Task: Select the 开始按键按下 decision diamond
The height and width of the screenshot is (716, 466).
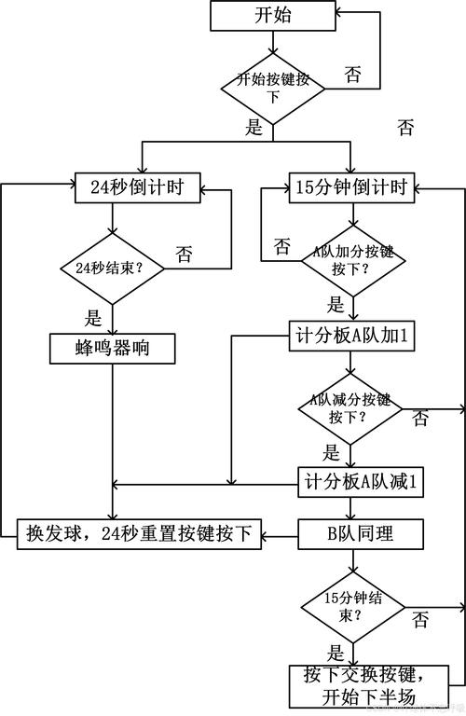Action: [272, 81]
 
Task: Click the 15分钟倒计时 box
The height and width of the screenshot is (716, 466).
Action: [350, 187]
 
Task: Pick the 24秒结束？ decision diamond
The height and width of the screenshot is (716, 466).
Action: [112, 268]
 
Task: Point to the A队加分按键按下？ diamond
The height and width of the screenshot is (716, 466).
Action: [350, 260]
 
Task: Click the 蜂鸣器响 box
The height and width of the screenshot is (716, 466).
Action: [112, 348]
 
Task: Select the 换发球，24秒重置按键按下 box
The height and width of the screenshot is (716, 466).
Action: [140, 534]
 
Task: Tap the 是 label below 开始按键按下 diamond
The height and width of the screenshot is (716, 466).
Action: [254, 129]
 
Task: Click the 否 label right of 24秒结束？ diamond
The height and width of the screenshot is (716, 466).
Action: [185, 253]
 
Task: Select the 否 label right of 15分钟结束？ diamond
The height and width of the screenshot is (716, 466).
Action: [420, 620]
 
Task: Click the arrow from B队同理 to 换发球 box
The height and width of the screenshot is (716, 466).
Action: [280, 535]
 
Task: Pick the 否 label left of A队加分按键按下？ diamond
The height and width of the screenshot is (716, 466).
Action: [281, 246]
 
